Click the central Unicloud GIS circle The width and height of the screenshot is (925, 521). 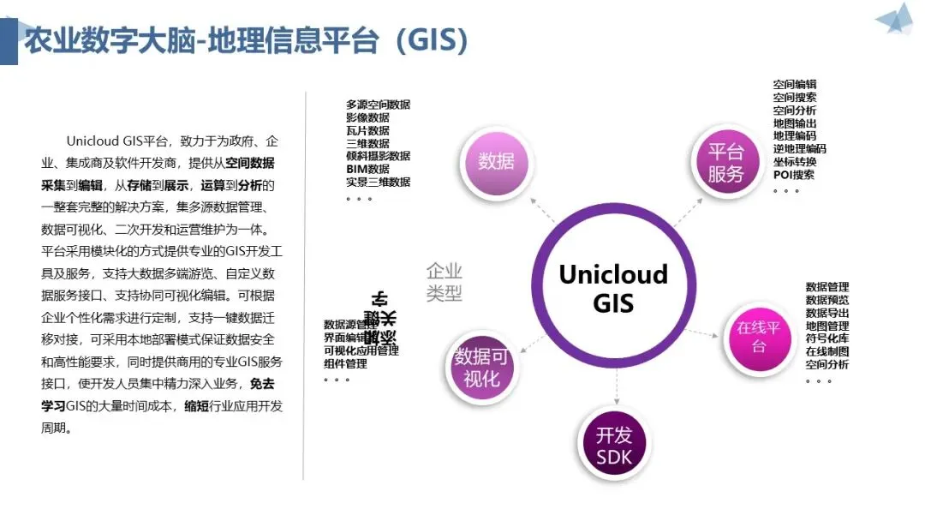[613, 289]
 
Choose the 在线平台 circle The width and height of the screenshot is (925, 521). [759, 337]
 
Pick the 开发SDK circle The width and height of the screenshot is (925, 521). [614, 445]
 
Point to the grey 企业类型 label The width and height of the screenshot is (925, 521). [445, 282]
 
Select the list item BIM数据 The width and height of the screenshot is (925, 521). [368, 169]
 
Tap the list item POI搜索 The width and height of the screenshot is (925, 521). [794, 175]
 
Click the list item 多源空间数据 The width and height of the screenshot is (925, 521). [379, 105]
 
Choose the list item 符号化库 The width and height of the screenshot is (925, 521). [827, 338]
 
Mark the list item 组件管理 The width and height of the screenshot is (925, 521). [346, 363]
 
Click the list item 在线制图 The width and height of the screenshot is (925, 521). [827, 351]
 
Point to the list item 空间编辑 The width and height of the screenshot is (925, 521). [795, 85]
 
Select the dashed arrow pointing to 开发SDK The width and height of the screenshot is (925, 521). [616, 390]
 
